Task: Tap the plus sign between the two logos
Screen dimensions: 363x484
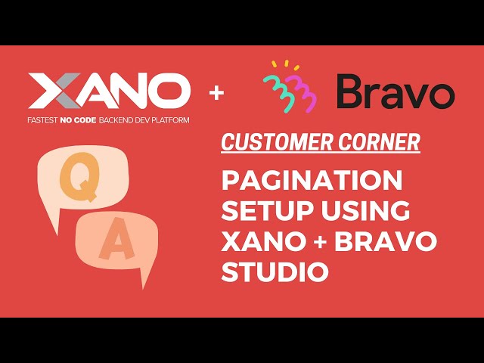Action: pos(218,93)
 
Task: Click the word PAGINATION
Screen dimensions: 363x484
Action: pos(312,182)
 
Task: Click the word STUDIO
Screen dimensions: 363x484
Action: pos(275,271)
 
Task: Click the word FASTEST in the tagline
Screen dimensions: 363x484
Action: pos(45,120)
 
